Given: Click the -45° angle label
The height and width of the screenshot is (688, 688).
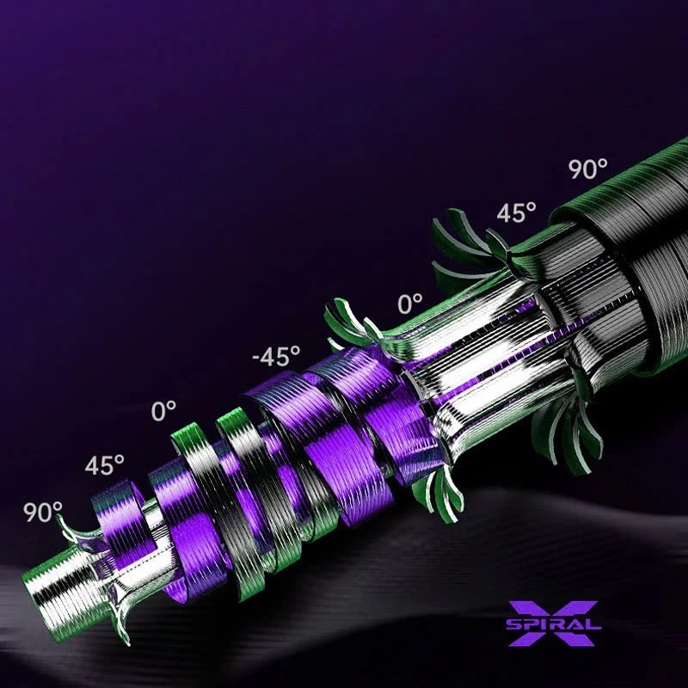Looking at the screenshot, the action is (x=276, y=356).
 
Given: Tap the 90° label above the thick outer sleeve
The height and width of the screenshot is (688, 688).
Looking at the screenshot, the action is (x=588, y=169).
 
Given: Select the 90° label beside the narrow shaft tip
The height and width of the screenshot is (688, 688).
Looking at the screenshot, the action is (x=42, y=512).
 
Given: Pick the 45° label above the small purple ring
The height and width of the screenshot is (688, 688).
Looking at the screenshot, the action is (x=104, y=464).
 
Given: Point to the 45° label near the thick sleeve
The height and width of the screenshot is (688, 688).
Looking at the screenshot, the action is (x=517, y=212).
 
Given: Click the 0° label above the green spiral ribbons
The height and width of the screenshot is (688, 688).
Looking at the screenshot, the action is (x=163, y=411).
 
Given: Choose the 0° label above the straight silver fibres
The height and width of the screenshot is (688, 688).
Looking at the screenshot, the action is (x=410, y=304).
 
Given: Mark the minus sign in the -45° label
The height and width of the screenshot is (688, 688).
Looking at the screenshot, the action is (x=257, y=359).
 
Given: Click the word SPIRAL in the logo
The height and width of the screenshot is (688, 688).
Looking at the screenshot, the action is (x=553, y=623).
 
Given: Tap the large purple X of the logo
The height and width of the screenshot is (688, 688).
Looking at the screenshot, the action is (x=553, y=623).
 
